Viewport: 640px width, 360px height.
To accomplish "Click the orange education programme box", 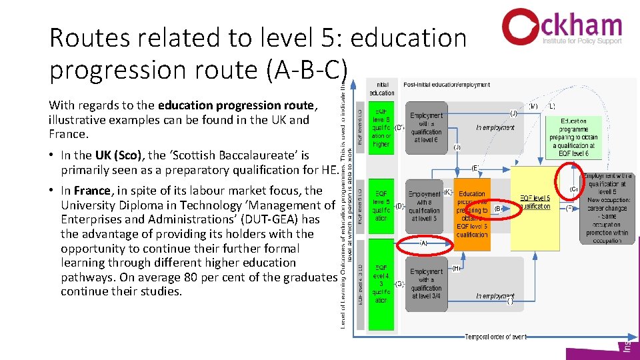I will click(472, 213).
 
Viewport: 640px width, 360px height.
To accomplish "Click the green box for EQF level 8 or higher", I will click(381, 127).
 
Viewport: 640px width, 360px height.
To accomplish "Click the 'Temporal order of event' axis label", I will click(495, 337).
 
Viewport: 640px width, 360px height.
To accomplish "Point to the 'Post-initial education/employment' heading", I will click(447, 85).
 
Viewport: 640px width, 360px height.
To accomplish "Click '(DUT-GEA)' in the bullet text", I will click(216, 219).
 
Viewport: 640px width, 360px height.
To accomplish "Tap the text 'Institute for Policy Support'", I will click(581, 41).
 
